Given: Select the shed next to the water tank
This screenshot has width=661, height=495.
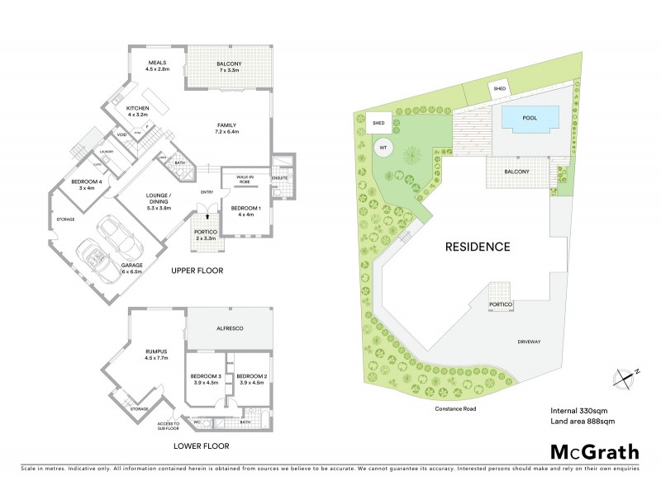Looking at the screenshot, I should (378, 122).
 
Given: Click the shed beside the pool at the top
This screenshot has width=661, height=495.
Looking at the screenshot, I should (499, 88).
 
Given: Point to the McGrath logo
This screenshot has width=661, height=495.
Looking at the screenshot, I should (594, 451).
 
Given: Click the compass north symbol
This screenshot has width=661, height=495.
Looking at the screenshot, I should (626, 376).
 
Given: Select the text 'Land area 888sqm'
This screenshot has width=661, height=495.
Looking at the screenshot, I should (583, 422).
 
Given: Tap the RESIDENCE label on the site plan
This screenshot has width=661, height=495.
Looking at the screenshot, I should (478, 246).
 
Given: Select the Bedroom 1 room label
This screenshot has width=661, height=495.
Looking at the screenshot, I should (245, 211).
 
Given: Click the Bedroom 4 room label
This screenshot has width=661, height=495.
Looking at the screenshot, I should (87, 184).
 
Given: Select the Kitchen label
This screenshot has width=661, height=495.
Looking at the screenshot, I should (136, 111).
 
